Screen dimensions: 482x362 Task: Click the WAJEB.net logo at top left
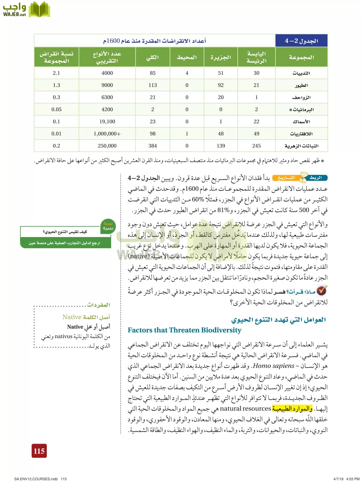pyautogui.click(x=26, y=10)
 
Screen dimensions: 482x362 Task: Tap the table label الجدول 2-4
pyautogui.click(x=301, y=41)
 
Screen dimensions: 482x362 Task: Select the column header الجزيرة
pyautogui.click(x=221, y=57)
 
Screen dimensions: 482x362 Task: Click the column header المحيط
pyautogui.click(x=187, y=57)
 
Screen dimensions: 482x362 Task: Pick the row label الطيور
pyautogui.click(x=301, y=85)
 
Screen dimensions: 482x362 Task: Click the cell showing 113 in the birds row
pyautogui.click(x=153, y=85)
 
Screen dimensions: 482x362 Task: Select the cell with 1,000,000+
pyautogui.click(x=107, y=134)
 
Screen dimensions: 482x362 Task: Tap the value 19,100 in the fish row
pyautogui.click(x=107, y=122)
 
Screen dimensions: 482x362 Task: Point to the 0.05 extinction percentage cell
pyautogui.click(x=56, y=109)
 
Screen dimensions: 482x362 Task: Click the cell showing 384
pyautogui.click(x=153, y=146)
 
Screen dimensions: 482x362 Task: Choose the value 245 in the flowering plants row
pyautogui.click(x=256, y=146)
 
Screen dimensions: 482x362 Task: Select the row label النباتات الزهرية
pyautogui.click(x=301, y=146)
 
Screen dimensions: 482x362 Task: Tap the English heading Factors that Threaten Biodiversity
pyautogui.click(x=184, y=330)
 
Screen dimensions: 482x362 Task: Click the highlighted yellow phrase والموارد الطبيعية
pyautogui.click(x=292, y=409)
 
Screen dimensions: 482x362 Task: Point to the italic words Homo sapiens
pyautogui.click(x=274, y=366)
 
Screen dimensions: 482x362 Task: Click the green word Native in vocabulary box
pyautogui.click(x=72, y=317)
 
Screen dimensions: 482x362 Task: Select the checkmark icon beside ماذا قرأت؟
pyautogui.click(x=322, y=290)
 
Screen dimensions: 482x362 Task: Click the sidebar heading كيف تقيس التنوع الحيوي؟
pyautogui.click(x=65, y=232)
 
